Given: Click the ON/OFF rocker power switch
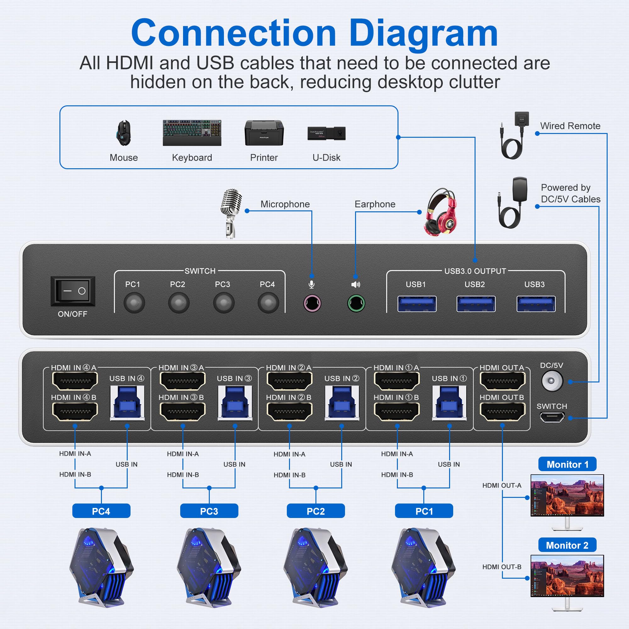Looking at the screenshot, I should coord(73,291).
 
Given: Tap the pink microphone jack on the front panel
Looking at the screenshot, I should coord(312,303).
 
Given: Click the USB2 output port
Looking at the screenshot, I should coord(476,304).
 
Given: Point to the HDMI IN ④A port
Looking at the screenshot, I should coord(75,381).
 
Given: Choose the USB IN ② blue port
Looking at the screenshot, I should coord(342,403).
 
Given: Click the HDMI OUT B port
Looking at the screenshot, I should coord(502,411).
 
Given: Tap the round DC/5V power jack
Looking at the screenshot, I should coord(552,381).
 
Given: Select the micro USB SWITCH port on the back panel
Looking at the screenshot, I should coord(552,417).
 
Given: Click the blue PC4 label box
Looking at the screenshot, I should coord(101,511).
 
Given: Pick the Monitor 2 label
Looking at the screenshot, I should coord(567,545).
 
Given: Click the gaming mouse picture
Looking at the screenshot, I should coord(124,133).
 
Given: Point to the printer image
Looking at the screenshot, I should coord(264,133).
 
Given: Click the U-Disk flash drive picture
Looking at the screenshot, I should coord(326,133).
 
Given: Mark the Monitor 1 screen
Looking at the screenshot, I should coord(567,495).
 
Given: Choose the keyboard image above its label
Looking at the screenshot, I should coord(192,132).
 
